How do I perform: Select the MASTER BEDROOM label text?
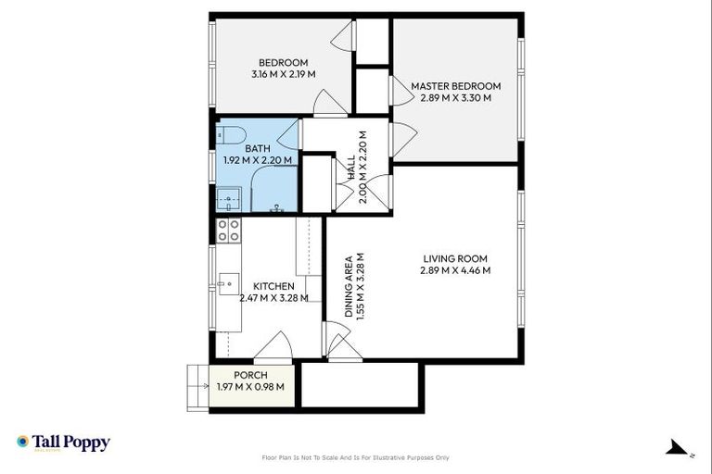pyautogui.click(x=455, y=86)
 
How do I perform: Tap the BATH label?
pyautogui.click(x=258, y=148)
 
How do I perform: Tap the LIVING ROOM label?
pyautogui.click(x=455, y=258)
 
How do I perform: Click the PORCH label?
pyautogui.click(x=250, y=375)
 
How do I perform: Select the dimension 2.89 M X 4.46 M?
pyautogui.click(x=455, y=270)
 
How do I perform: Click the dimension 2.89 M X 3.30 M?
pyautogui.click(x=455, y=97)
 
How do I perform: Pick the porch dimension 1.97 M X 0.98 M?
pyautogui.click(x=250, y=387)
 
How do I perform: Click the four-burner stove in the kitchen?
pyautogui.click(x=228, y=230)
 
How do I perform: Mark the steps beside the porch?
pyautogui.click(x=197, y=387)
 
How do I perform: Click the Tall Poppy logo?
pyautogui.click(x=63, y=443)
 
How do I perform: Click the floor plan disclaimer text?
pyautogui.click(x=356, y=457)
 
